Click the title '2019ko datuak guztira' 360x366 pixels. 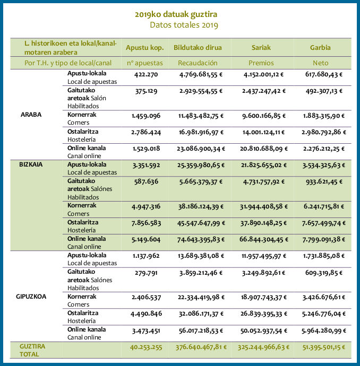(x=176, y=14)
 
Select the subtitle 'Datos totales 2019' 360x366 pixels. (x=184, y=25)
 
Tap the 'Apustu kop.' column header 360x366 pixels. (x=145, y=48)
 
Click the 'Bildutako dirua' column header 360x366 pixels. (x=198, y=48)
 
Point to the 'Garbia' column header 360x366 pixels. (x=320, y=48)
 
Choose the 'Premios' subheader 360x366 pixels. (x=261, y=63)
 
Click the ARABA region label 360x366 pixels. (x=31, y=115)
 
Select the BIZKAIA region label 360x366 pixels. (x=31, y=164)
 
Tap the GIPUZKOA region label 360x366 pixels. (x=31, y=297)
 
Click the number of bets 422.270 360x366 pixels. (x=146, y=75)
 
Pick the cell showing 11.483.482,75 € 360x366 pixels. (x=201, y=116)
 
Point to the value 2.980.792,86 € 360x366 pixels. (x=324, y=133)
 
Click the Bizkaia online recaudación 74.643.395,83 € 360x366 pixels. (x=201, y=239)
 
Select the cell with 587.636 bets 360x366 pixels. (x=146, y=181)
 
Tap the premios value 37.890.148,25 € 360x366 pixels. (x=264, y=223)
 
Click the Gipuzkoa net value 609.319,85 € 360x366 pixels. (x=324, y=273)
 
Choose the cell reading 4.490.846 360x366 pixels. (x=146, y=313)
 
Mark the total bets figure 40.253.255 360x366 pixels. (x=146, y=347)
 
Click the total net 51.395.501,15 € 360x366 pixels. (x=324, y=347)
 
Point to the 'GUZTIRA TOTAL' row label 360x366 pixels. (x=32, y=350)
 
